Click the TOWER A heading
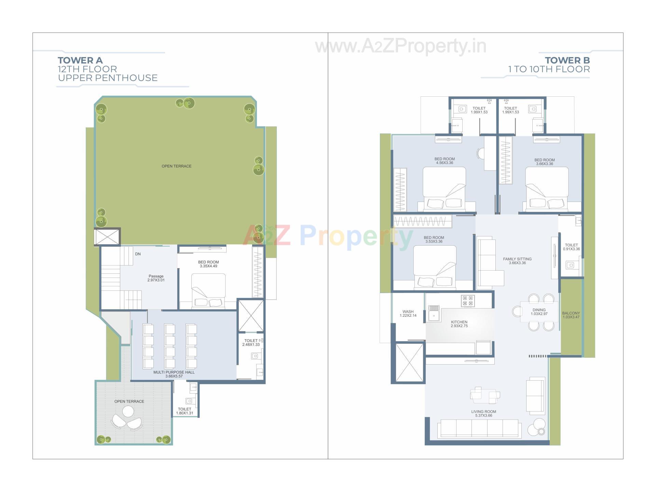80,60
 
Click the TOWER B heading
567,60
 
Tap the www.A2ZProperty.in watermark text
400,46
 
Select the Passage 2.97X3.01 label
156,278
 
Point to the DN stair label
138,254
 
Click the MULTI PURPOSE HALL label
174,374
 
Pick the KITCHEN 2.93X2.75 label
459,324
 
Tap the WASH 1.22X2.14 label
408,313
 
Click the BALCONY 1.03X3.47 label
571,315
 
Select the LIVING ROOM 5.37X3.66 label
483,413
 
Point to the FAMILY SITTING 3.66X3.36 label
517,261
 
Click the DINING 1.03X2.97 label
539,312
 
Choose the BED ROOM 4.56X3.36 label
445,161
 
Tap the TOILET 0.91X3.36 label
571,247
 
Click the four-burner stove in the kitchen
467,301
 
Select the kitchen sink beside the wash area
434,313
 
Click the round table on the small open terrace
128,411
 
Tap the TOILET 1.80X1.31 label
184,411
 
